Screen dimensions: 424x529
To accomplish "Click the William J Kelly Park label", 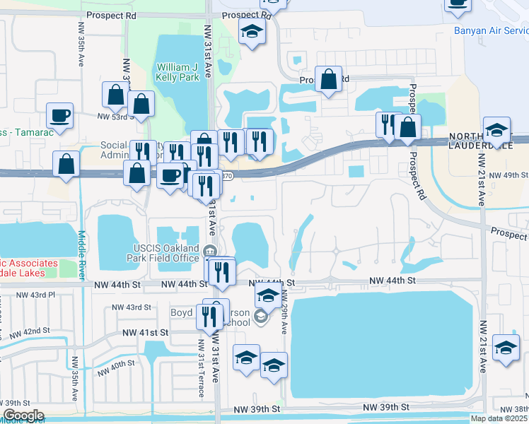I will click(175, 72).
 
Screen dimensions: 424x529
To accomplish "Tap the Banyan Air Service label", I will click(491, 30).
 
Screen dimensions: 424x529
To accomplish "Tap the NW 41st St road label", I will click(145, 332).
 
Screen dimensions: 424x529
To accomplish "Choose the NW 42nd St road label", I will click(26, 331).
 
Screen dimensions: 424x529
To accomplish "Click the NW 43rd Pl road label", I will click(35, 295).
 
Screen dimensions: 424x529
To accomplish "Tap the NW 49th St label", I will click(508, 175).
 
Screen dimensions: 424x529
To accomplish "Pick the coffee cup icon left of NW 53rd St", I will click(59, 114).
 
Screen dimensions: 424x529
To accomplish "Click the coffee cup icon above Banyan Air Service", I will click(458, 4).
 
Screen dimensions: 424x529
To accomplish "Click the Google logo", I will click(23, 416).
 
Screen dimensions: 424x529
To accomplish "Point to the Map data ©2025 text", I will click(499, 418).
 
